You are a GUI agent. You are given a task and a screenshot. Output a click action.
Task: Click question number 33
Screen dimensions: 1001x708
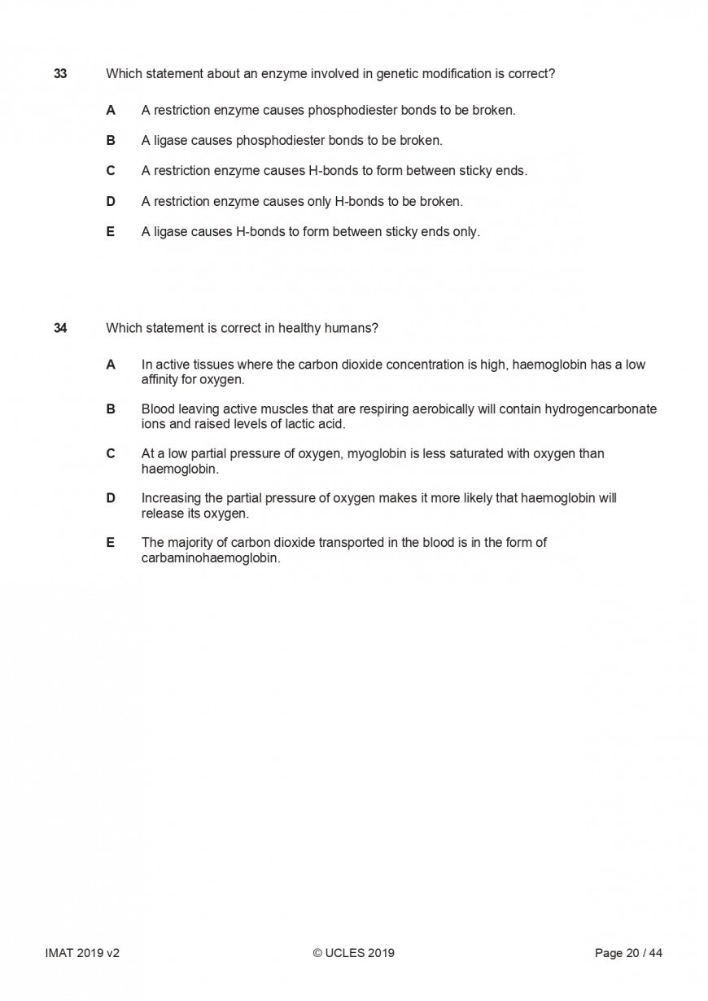pos(60,74)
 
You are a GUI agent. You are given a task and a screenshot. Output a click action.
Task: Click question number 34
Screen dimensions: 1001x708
pos(60,329)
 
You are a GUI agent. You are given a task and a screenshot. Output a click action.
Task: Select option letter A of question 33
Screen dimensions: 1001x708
pos(111,110)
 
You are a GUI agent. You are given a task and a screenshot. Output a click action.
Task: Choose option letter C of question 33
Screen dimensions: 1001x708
pos(111,171)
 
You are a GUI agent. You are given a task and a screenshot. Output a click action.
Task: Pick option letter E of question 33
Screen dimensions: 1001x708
pos(111,232)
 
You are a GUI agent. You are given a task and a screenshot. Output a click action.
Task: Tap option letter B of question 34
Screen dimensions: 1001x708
pos(111,409)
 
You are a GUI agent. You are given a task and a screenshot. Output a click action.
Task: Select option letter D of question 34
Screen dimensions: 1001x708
pos(111,498)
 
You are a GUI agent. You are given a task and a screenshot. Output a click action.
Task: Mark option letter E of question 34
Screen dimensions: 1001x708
pos(111,543)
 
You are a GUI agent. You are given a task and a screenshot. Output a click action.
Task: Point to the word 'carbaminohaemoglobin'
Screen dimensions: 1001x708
pos(210,558)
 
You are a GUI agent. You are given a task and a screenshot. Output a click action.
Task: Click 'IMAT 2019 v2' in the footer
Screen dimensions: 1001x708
pos(82,953)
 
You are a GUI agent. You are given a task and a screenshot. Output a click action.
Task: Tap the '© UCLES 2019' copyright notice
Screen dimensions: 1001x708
pos(353,953)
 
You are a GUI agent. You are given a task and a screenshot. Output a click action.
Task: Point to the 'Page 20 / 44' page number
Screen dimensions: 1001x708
pos(628,953)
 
